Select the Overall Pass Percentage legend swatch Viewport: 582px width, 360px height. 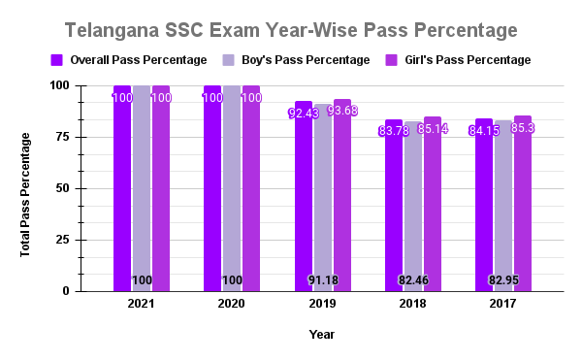[57, 60]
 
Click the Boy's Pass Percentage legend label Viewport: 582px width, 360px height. [302, 60]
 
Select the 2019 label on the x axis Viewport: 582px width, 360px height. [322, 305]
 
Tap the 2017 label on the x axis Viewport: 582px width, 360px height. [502, 305]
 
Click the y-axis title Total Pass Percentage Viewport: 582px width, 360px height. [25, 188]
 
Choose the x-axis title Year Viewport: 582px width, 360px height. [322, 334]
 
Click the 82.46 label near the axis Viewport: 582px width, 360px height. [413, 280]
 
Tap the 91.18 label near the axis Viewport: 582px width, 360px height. [323, 280]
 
